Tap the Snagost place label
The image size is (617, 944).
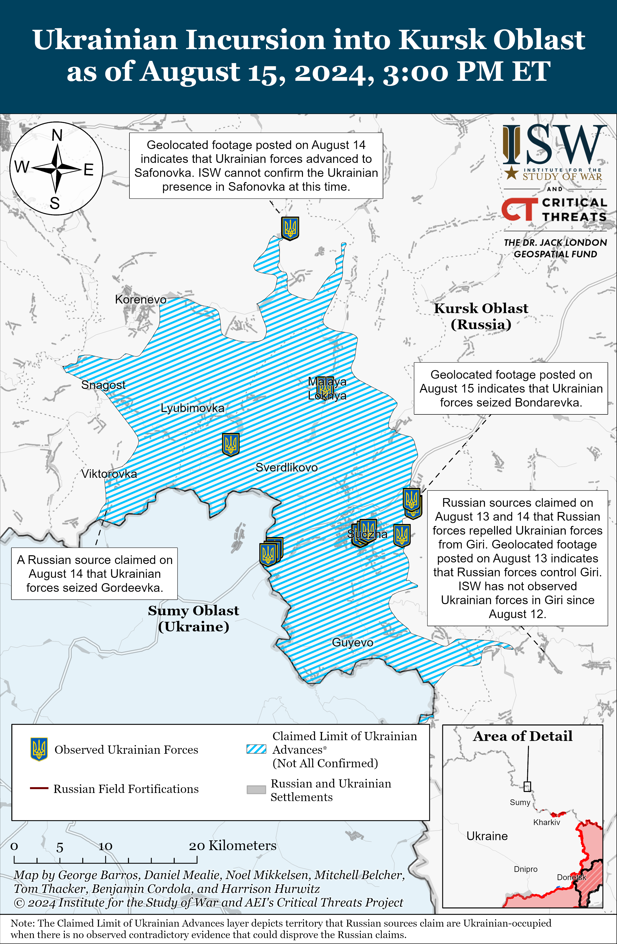pyautogui.click(x=103, y=385)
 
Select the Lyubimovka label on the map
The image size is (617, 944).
pyautogui.click(x=192, y=408)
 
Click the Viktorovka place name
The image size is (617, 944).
pyautogui.click(x=109, y=474)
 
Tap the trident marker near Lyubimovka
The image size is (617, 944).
pyautogui.click(x=230, y=444)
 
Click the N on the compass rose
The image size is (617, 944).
pyautogui.click(x=57, y=136)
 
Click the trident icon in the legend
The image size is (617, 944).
pyautogui.click(x=39, y=749)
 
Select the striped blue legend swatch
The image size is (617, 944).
pyautogui.click(x=256, y=749)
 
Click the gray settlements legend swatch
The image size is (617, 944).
pyautogui.click(x=256, y=790)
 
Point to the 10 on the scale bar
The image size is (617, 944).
pyautogui.click(x=105, y=846)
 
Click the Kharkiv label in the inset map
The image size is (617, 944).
pyautogui.click(x=546, y=822)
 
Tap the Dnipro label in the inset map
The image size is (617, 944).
pyautogui.click(x=525, y=869)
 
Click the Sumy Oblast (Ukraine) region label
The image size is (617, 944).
pyautogui.click(x=194, y=618)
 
